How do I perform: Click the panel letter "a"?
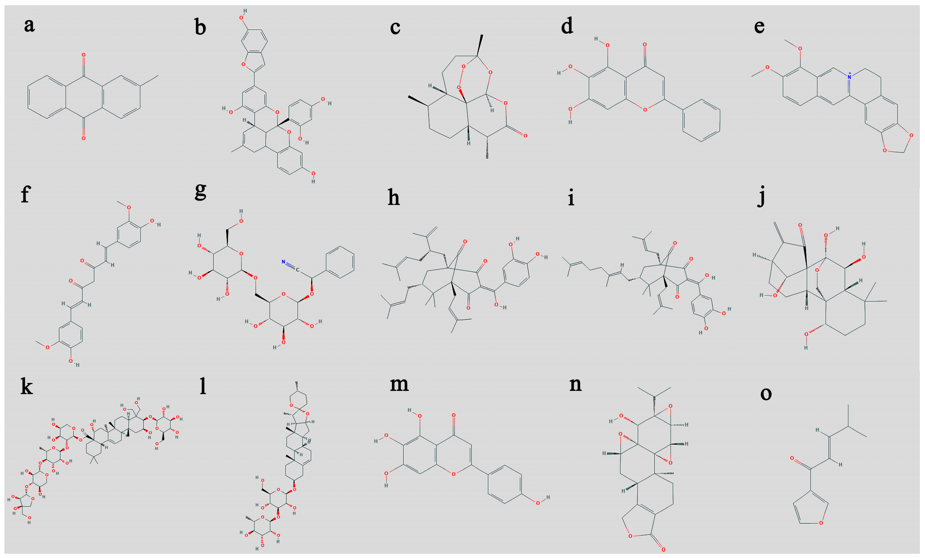[29, 25]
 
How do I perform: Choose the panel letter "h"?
[393, 198]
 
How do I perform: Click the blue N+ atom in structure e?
[850, 77]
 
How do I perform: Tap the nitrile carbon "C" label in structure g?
[297, 270]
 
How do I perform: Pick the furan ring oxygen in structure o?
[821, 522]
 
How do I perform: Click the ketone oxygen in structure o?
[792, 458]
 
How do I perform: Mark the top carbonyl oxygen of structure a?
[83, 55]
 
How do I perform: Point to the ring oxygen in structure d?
[645, 109]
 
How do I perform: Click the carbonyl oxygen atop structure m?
[454, 415]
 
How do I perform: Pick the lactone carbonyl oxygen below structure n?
[663, 550]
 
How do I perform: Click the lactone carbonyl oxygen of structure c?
[525, 135]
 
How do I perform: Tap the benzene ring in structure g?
[340, 262]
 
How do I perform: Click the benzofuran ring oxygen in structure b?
[243, 65]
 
